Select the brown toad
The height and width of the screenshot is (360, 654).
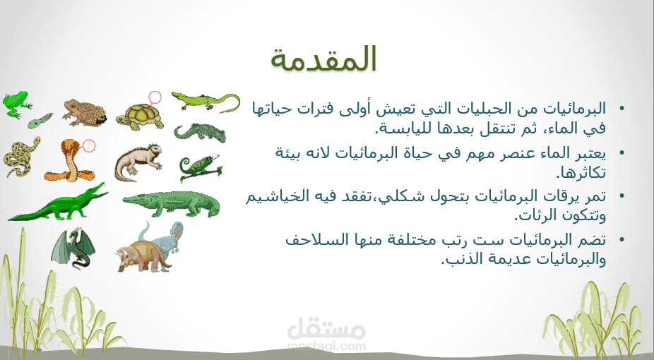(84, 112)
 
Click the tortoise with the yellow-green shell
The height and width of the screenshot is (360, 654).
(140, 116)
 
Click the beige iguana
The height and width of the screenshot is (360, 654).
(138, 163)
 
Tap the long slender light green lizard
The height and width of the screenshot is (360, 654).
(206, 100)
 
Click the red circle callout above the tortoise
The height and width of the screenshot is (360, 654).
(155, 97)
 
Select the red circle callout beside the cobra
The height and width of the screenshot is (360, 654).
(89, 145)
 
